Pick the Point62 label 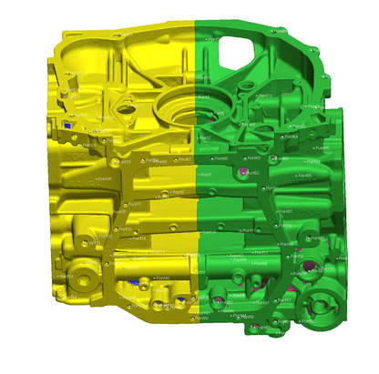pyautogui.click(x=254, y=172)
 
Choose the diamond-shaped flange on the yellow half pyautogui.click(x=123, y=109)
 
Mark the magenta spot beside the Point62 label pyautogui.click(x=243, y=171)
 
